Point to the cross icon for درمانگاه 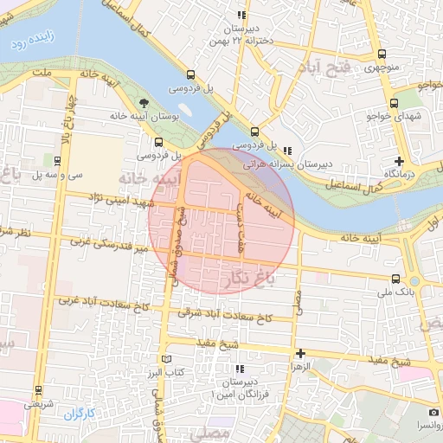pos(399,161)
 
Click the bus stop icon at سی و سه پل pos(56,159)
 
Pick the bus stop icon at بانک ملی pos(395,279)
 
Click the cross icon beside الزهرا pos(300,353)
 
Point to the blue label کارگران pos(77,414)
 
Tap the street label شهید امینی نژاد pos(119,199)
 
